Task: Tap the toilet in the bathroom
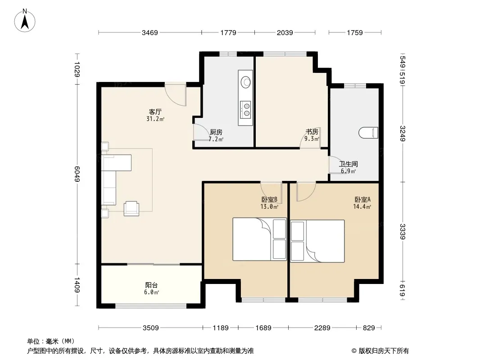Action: click(x=368, y=133)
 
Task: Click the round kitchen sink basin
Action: click(x=245, y=81)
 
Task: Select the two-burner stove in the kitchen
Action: click(x=245, y=109)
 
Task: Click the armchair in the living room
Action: click(x=131, y=208)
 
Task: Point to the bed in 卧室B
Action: click(x=260, y=239)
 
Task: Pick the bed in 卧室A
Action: click(x=317, y=241)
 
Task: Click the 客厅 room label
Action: click(x=155, y=112)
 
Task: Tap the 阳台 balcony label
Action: click(x=152, y=285)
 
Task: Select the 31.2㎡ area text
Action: click(x=155, y=119)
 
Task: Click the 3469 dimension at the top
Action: click(x=149, y=32)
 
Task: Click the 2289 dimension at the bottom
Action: click(x=322, y=328)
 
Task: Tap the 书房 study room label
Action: click(x=312, y=132)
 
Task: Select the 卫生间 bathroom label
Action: click(x=349, y=164)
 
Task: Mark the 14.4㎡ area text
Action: click(x=362, y=207)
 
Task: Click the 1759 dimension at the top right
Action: click(x=355, y=32)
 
